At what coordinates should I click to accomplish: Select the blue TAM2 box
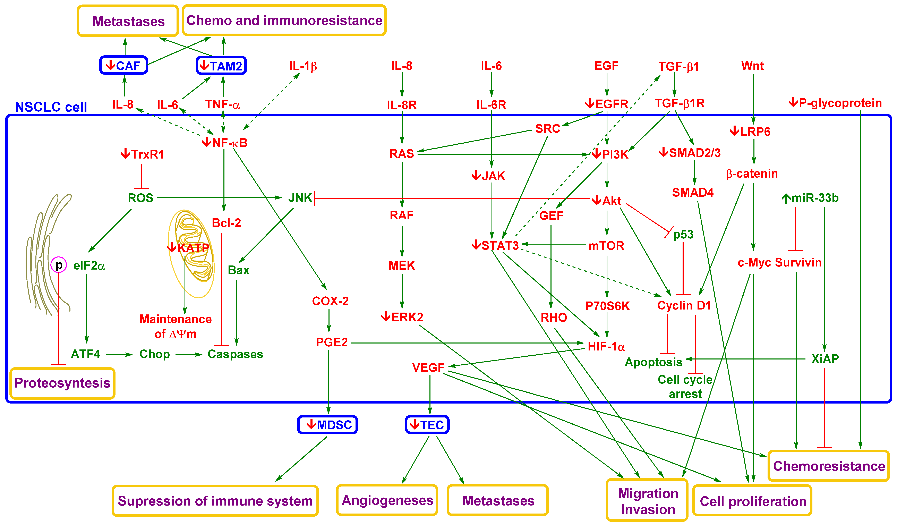[221, 66]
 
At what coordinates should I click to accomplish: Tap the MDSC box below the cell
[327, 425]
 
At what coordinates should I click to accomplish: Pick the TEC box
[427, 425]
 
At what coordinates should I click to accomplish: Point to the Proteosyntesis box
[62, 383]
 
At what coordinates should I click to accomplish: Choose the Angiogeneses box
[387, 500]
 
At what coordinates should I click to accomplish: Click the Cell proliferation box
[752, 501]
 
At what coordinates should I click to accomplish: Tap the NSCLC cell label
[51, 107]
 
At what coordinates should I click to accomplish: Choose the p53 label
[683, 235]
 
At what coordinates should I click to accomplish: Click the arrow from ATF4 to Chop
[119, 355]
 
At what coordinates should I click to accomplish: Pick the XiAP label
[825, 358]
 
